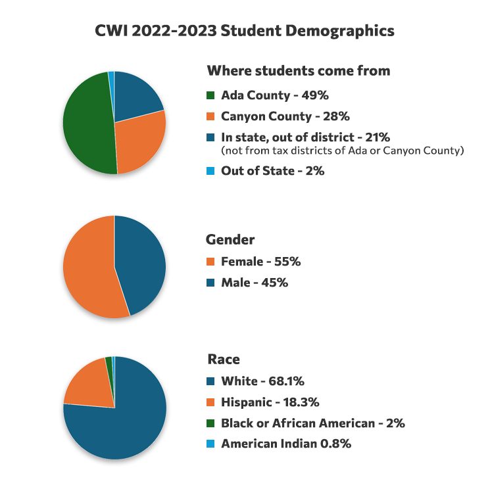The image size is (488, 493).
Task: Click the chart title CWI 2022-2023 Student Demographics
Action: point(243,30)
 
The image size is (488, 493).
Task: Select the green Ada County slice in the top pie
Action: point(87,125)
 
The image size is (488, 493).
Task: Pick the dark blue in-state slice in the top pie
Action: point(137,97)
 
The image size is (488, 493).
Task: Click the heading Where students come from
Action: point(299,70)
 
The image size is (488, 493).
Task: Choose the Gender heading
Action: point(230,240)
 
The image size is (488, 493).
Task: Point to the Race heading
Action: point(224,359)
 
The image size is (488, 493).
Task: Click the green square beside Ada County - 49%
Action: point(211,95)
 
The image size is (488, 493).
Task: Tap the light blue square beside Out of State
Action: point(211,170)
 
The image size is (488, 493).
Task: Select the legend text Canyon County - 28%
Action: point(285,116)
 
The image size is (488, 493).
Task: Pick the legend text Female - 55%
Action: point(260,262)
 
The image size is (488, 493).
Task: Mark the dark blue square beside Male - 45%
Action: point(211,283)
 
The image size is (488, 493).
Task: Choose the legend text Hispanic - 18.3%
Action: point(270,402)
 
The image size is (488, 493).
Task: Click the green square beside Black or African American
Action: point(211,423)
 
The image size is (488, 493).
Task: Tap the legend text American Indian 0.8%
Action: point(285,444)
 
